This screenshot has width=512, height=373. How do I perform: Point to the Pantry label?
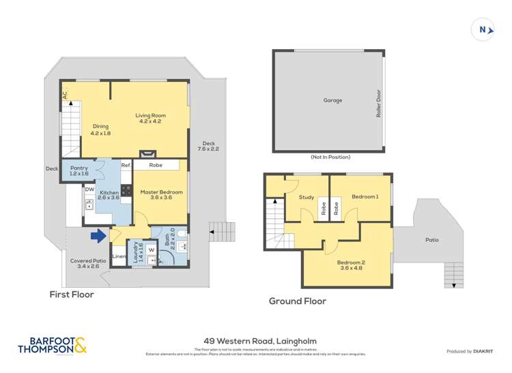tap(79, 170)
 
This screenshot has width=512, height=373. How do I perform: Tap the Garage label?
tap(332, 100)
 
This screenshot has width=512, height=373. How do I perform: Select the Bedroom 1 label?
tap(365, 197)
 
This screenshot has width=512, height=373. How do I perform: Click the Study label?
tap(307, 198)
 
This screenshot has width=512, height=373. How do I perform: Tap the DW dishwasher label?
tap(89, 189)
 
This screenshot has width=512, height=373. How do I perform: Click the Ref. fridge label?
tap(126, 166)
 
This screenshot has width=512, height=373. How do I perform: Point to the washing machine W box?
tap(152, 250)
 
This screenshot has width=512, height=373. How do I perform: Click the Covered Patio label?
tap(85, 263)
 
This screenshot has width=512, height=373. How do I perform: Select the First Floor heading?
tap(71, 295)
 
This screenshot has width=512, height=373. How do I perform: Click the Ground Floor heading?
tap(297, 301)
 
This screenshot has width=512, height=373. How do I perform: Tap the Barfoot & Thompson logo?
tap(53, 346)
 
